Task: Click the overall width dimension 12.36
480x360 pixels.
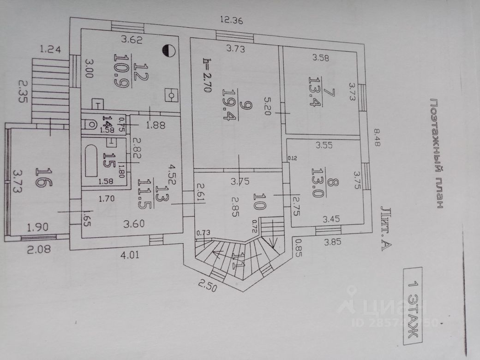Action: click(x=231, y=20)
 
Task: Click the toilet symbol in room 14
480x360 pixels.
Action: click(x=90, y=123)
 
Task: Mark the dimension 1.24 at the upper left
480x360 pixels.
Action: click(x=50, y=49)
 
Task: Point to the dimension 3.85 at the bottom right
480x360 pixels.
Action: click(x=335, y=241)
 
